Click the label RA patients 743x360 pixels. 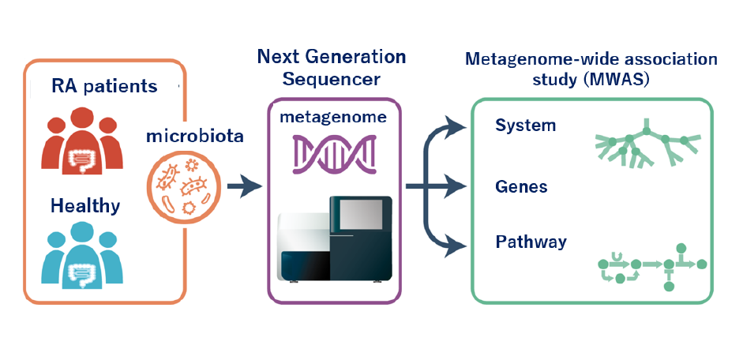tap(104, 85)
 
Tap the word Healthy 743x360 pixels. tap(85, 206)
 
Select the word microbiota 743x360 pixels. tap(194, 136)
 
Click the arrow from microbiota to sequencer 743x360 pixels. tap(244, 188)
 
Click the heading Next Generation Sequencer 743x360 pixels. tap(332, 68)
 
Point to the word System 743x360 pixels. tap(526, 126)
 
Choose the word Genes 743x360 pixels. tap(521, 187)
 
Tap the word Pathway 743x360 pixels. tap(531, 242)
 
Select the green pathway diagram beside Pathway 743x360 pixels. tap(651, 265)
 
